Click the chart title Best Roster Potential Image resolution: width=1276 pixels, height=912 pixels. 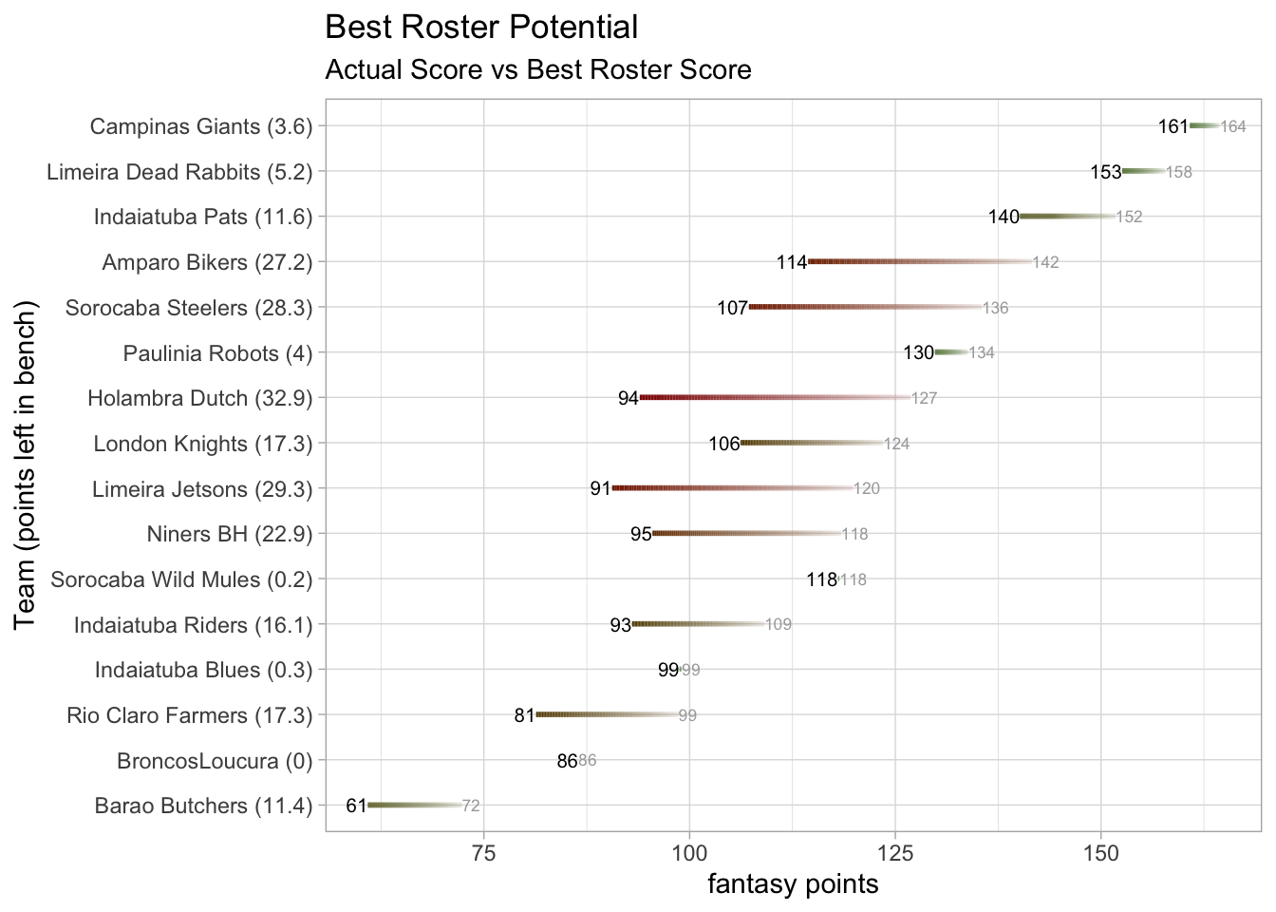[481, 28]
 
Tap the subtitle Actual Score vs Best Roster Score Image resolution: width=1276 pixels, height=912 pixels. [537, 70]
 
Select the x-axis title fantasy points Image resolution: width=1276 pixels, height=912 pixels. [793, 884]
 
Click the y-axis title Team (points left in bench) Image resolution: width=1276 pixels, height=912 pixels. [26, 465]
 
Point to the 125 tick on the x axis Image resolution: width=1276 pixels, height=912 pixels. [894, 852]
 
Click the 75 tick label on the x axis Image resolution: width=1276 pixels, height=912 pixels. [484, 852]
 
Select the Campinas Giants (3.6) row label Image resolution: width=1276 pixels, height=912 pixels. [201, 126]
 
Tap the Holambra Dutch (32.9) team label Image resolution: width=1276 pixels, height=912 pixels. [199, 398]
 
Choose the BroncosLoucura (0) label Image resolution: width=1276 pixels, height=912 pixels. [215, 761]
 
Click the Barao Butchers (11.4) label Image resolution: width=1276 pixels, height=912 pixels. [203, 807]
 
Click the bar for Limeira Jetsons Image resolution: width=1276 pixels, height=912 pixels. [732, 488]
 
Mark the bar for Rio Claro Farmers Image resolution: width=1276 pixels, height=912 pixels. [607, 714]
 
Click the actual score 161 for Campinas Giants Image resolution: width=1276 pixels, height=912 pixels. [1173, 126]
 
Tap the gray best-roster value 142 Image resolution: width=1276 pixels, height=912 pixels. [1045, 262]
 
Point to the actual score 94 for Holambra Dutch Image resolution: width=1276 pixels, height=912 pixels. [629, 398]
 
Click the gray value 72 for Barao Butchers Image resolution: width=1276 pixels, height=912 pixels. [471, 807]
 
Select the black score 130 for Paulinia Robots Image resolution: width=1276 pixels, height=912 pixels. [918, 353]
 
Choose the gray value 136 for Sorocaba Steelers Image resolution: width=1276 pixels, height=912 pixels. [995, 308]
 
